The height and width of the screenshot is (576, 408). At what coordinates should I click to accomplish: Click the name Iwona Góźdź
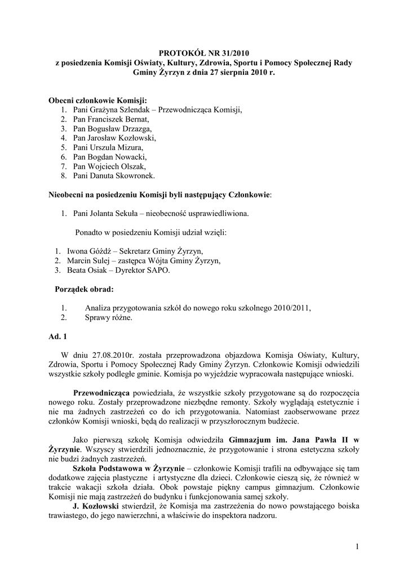pyautogui.click(x=86, y=251)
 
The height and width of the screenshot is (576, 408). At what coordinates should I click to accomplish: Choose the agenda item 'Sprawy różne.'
pyautogui.click(x=109, y=318)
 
